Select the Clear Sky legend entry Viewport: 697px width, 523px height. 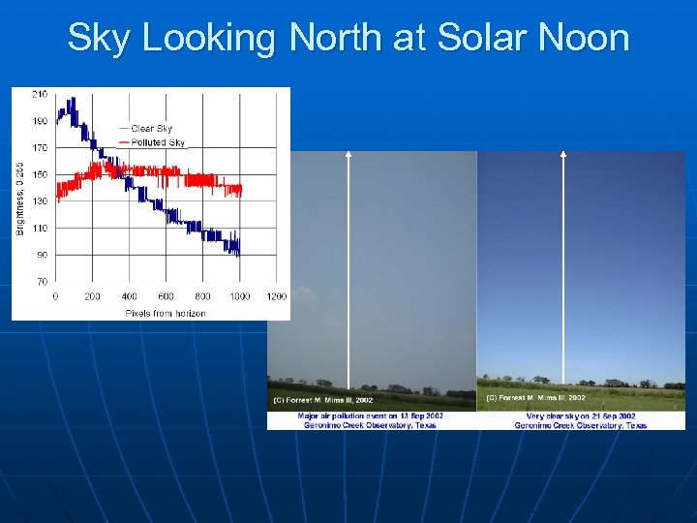151,129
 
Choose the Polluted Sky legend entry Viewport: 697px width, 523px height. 157,142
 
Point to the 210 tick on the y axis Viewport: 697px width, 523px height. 39,94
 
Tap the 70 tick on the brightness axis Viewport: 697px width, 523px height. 42,281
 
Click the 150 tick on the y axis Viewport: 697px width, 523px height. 39,174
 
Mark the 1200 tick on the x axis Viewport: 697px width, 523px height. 276,296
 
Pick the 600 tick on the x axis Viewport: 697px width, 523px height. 166,296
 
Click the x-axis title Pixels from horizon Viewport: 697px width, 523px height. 165,313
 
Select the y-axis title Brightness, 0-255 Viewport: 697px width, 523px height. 20,199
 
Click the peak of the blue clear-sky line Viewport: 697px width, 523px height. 71,99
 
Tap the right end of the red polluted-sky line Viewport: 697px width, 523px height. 241,190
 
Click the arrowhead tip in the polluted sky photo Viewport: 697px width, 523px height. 348,153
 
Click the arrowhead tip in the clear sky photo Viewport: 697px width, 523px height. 563,153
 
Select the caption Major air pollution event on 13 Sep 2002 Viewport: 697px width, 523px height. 370,415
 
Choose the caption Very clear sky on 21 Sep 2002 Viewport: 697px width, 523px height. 581,415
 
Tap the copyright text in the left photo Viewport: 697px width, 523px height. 322,399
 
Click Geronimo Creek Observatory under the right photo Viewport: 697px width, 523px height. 581,425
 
